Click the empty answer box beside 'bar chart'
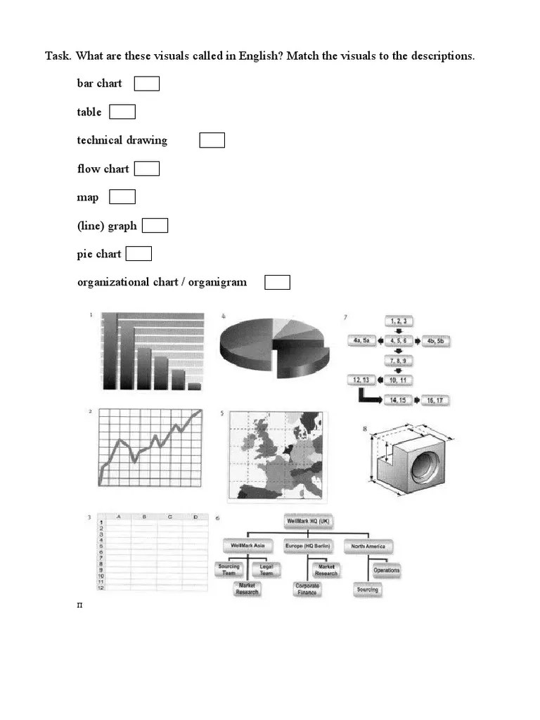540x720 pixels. tap(147, 84)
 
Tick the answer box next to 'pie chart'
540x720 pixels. tap(139, 254)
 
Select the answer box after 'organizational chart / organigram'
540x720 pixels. tap(277, 283)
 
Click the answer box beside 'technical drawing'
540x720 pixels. tap(212, 141)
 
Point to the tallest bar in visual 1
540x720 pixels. tap(110, 351)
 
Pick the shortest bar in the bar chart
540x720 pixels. tap(195, 386)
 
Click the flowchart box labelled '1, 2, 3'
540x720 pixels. tap(398, 321)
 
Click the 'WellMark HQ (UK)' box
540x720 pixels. tap(309, 522)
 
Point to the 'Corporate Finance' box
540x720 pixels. tap(307, 589)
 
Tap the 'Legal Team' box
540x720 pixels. tap(266, 570)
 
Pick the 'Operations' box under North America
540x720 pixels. tap(387, 570)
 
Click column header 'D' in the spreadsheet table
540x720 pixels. tap(195, 517)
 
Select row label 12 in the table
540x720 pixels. tap(101, 588)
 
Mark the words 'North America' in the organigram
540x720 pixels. tap(368, 546)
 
